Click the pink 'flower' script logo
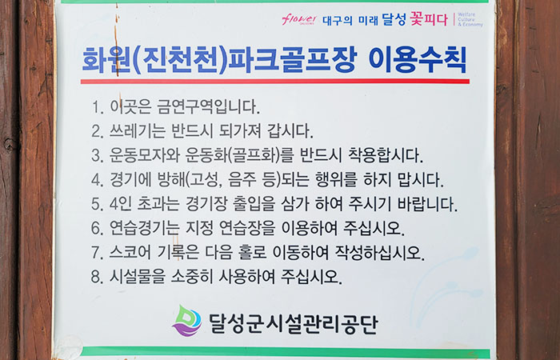pos(299,19)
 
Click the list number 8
pos(97,278)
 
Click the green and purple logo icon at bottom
pos(187,321)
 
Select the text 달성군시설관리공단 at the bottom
pos(292,323)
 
